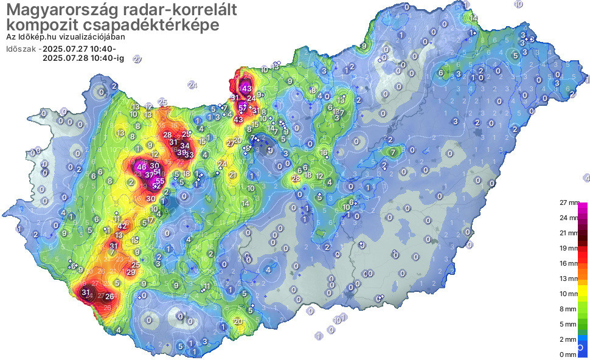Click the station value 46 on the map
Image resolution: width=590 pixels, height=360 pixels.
[x=142, y=167]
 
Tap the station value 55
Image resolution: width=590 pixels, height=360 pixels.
[x=160, y=181]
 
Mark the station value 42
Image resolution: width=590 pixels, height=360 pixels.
[x=122, y=226]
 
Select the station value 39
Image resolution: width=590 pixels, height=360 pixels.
[x=181, y=153]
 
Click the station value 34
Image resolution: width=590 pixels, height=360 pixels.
[x=184, y=146]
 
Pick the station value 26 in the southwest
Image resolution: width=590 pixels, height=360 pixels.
[x=109, y=297]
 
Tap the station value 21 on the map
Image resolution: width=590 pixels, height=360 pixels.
[x=233, y=175]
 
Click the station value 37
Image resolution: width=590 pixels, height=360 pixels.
[x=149, y=175]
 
